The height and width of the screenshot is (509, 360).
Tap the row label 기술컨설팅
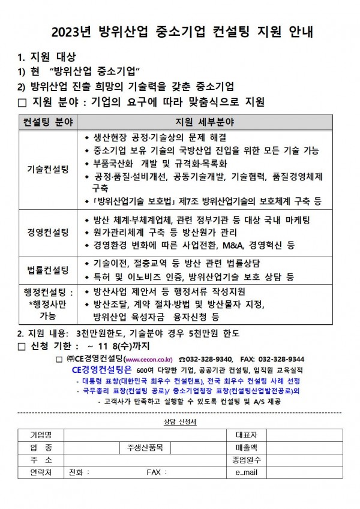point(47,170)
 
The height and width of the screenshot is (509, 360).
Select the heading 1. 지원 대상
point(47,58)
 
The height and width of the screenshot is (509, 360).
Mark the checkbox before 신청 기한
point(22,346)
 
